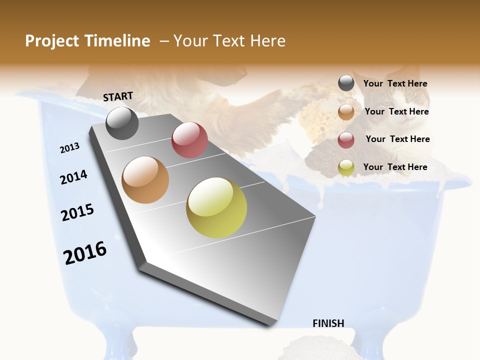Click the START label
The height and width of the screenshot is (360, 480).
click(118, 96)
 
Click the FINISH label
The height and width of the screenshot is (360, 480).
click(328, 323)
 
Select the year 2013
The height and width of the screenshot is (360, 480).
click(70, 148)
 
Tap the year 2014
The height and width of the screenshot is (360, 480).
click(74, 177)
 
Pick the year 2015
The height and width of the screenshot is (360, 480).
click(77, 212)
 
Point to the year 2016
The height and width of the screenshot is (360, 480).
click(85, 252)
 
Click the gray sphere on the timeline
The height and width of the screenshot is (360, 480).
click(122, 123)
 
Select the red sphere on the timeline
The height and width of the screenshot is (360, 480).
click(189, 140)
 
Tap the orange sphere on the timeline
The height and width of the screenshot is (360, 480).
click(145, 180)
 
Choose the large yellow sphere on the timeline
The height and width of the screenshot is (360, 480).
click(216, 207)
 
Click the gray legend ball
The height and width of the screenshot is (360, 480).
click(346, 83)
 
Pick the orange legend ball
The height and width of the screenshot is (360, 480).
click(346, 111)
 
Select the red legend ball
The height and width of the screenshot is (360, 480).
click(346, 139)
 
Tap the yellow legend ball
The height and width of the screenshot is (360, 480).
click(346, 167)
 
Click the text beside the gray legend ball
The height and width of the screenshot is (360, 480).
click(395, 84)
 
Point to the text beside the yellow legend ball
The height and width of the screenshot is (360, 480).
click(395, 167)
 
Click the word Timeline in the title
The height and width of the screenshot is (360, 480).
click(117, 41)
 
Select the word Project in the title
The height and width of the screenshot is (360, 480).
click(52, 41)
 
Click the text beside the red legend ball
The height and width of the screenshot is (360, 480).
click(397, 139)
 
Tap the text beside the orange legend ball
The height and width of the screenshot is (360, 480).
click(396, 111)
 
